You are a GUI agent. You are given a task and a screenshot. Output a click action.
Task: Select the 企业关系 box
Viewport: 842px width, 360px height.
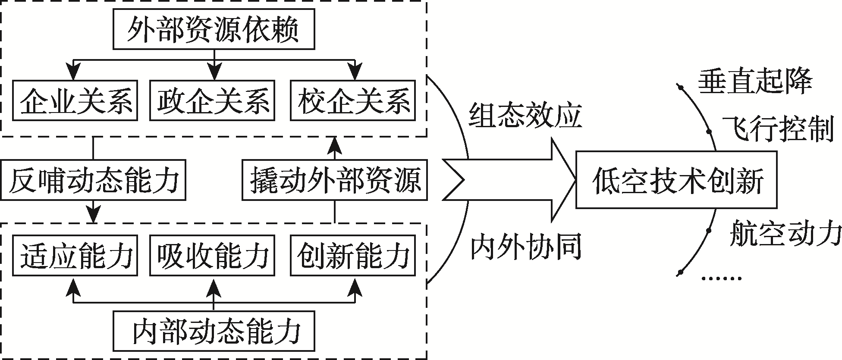75,100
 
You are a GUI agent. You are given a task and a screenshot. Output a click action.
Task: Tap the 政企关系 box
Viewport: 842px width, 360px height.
212,100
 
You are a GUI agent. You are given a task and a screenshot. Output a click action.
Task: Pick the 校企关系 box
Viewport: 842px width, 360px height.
353,100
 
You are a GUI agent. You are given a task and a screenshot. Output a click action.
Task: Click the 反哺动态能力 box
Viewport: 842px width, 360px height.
93,180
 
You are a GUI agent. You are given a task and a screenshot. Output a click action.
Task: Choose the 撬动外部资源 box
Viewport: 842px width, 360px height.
335,180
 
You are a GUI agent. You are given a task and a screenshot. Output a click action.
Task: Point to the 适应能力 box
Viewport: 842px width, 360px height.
75,255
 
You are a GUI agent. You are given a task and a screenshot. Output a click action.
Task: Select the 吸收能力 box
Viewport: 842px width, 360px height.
212,255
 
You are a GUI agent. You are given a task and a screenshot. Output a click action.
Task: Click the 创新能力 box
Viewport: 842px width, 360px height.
353,255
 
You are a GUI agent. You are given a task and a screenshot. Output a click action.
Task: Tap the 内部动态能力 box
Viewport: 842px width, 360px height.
214,331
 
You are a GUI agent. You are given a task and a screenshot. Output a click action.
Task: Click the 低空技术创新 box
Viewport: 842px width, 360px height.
676,180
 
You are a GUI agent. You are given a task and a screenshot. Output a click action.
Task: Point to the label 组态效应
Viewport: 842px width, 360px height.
525,116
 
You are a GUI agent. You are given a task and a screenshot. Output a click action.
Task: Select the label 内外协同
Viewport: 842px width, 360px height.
525,247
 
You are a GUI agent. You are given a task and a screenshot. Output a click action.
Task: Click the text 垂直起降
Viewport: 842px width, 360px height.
755,81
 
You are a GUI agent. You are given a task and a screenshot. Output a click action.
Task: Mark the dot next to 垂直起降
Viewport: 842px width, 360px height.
681,88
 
